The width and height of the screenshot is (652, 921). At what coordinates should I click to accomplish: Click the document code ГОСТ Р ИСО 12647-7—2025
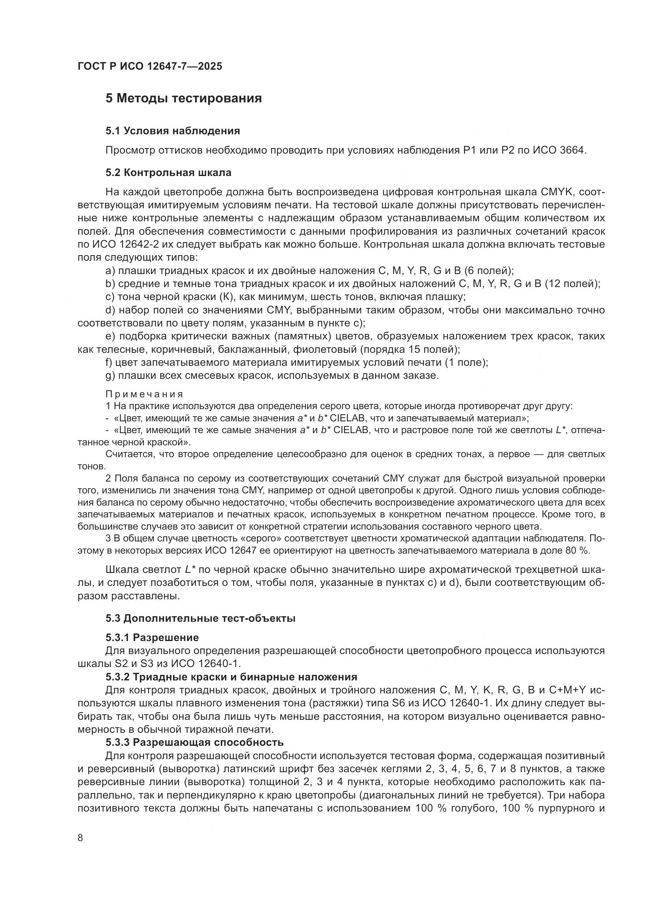pyautogui.click(x=150, y=67)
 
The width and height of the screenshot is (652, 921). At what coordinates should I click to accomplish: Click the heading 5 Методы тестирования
pyautogui.click(x=183, y=98)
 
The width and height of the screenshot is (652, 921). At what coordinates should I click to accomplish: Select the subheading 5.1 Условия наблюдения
pyautogui.click(x=173, y=131)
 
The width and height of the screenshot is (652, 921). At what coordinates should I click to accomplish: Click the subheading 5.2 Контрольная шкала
pyautogui.click(x=168, y=173)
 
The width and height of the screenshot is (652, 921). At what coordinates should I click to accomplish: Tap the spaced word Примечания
pyautogui.click(x=144, y=394)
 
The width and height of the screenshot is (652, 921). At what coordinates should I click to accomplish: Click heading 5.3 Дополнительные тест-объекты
pyautogui.click(x=200, y=619)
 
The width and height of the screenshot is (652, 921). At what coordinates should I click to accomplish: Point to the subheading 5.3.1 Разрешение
pyautogui.click(x=152, y=638)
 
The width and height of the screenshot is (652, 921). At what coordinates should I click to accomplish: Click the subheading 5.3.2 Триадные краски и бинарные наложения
pyautogui.click(x=231, y=677)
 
